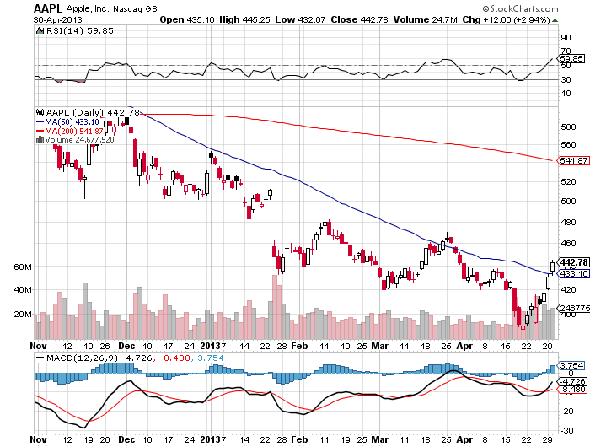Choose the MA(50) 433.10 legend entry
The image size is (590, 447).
[x=67, y=120]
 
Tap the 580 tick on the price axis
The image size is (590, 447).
[x=567, y=127]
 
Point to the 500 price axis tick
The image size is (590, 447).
[x=567, y=201]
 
